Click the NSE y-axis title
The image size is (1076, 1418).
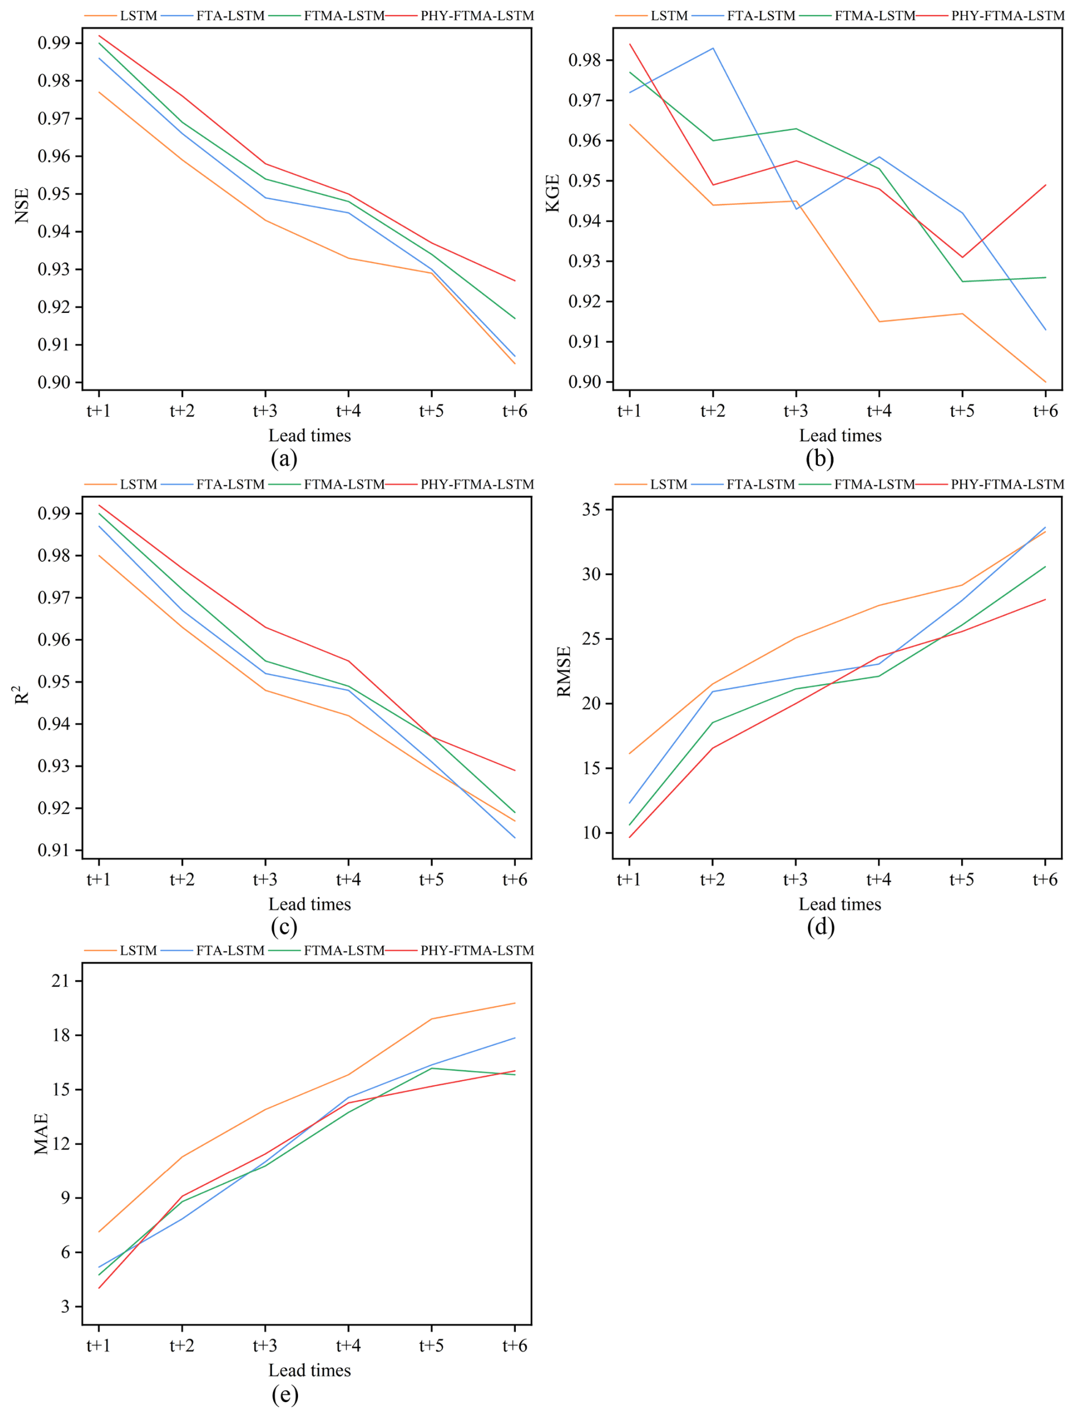(22, 205)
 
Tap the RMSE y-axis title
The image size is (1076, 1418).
(564, 671)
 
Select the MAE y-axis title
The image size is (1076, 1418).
(41, 1134)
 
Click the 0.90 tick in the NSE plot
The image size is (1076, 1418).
(54, 382)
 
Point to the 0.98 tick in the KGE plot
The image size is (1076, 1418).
(585, 60)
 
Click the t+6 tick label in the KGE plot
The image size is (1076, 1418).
(1045, 410)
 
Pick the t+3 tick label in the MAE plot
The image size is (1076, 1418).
(264, 1346)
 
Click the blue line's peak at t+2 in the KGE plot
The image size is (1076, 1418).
(713, 48)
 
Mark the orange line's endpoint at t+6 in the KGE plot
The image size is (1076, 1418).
(1045, 382)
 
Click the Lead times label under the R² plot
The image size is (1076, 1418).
(309, 904)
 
